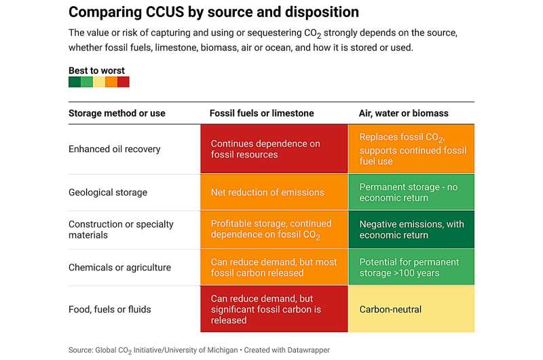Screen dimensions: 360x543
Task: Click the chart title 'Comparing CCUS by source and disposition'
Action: coord(214,12)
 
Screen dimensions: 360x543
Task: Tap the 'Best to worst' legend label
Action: coord(96,71)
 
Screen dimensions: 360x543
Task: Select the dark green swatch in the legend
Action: coord(75,82)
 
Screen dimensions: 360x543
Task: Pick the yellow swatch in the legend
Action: coord(99,82)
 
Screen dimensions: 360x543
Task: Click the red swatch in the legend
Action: coord(124,82)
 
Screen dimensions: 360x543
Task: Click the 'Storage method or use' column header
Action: coord(117,113)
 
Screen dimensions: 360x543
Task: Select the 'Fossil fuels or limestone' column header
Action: coord(262,113)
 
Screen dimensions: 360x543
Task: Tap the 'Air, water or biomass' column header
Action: coord(403,113)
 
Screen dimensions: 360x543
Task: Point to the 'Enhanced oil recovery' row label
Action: coord(115,149)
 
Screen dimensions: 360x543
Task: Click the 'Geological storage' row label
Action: coord(107,192)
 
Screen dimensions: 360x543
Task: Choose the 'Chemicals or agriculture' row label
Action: coord(119,268)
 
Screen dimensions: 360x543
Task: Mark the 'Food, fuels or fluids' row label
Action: coord(109,309)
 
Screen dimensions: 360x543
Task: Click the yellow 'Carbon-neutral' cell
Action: coord(411,309)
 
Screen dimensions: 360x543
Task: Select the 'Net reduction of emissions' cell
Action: coord(274,192)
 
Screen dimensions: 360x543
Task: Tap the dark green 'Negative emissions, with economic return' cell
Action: coord(411,230)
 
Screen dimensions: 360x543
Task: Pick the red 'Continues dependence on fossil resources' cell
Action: coord(274,149)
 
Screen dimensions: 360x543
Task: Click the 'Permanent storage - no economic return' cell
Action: coord(411,192)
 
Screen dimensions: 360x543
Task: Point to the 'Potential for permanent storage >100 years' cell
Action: coord(411,268)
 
